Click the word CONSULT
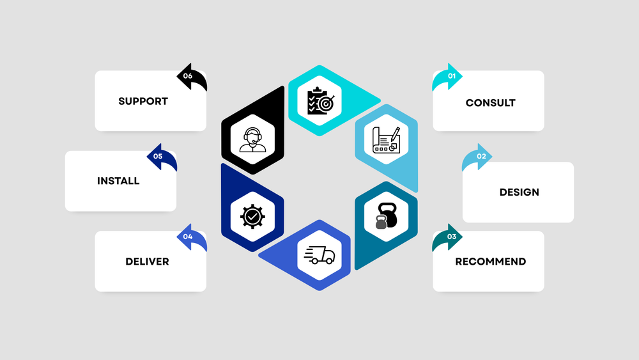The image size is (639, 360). (x=490, y=102)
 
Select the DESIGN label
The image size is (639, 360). (x=519, y=192)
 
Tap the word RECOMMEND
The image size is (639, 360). (x=490, y=262)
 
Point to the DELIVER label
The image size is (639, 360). (x=147, y=262)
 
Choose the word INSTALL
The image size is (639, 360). (x=118, y=181)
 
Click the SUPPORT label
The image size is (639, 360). (x=143, y=101)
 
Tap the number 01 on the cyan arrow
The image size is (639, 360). (x=452, y=76)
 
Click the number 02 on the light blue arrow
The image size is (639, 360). (x=481, y=156)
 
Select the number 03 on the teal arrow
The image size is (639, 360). (x=452, y=237)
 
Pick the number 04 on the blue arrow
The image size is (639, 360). (x=187, y=237)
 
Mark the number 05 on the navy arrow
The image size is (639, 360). (x=158, y=156)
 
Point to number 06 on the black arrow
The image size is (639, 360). (x=187, y=76)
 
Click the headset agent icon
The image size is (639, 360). (x=253, y=139)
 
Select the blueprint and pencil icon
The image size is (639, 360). (x=386, y=140)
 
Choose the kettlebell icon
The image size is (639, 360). (x=386, y=215)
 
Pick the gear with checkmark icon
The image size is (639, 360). (x=253, y=217)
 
